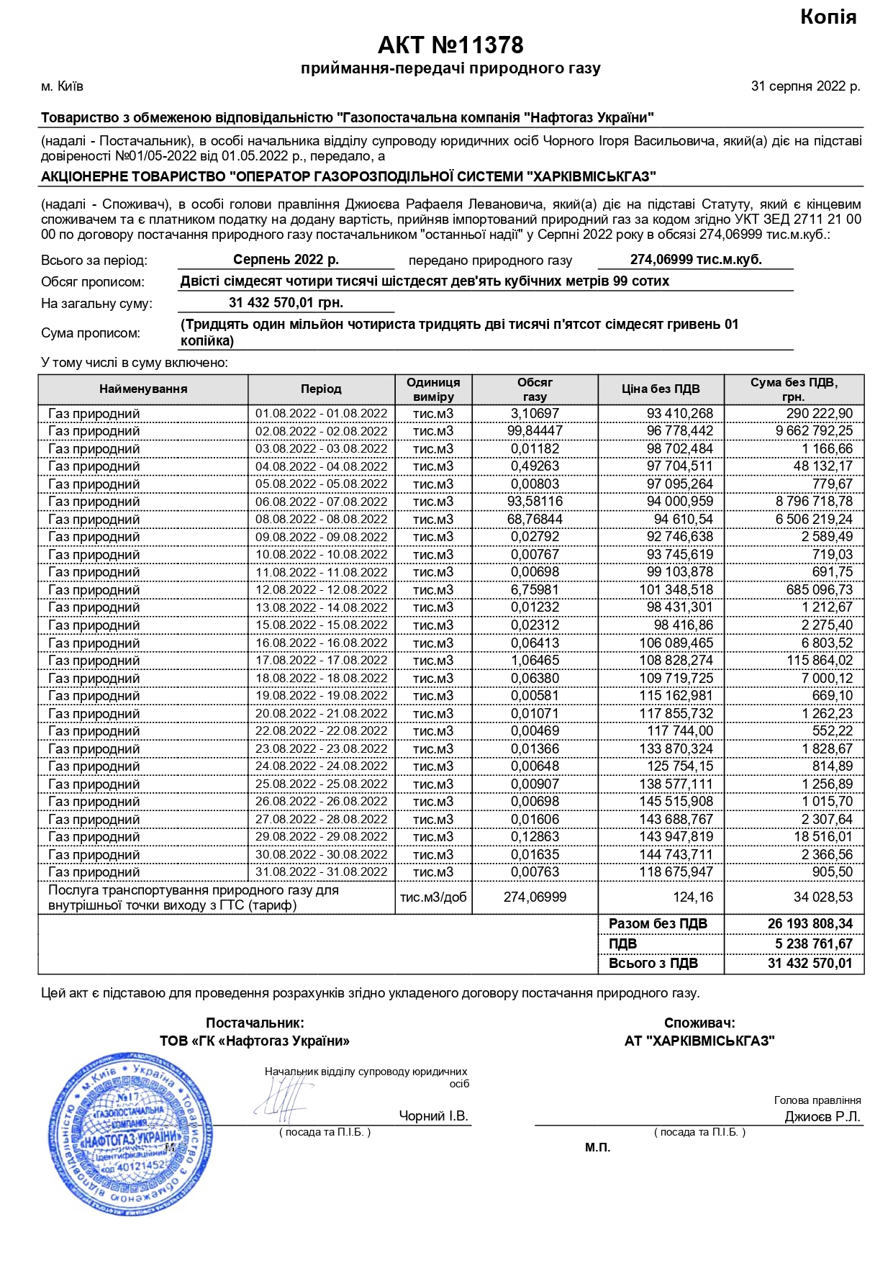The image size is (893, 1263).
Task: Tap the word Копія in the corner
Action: tap(828, 17)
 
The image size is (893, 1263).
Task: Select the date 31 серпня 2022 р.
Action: tap(805, 86)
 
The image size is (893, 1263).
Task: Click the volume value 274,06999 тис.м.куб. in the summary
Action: tap(695, 260)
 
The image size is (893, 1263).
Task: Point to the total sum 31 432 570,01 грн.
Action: tap(286, 303)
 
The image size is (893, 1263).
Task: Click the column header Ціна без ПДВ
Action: tap(661, 389)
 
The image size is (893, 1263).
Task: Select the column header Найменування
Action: tap(143, 389)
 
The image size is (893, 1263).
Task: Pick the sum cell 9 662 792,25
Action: tap(814, 431)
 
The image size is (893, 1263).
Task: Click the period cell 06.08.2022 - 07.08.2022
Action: tap(321, 502)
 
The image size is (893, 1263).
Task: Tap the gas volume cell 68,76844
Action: tap(536, 520)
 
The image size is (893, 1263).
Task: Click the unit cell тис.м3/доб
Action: tap(433, 897)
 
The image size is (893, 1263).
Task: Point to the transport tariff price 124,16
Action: tap(694, 897)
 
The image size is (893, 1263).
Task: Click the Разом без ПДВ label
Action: tap(658, 924)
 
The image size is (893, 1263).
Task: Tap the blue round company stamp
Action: tap(132, 1135)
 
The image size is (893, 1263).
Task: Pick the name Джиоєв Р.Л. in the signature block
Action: tap(822, 1117)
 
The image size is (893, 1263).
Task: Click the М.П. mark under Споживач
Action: tap(597, 1147)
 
